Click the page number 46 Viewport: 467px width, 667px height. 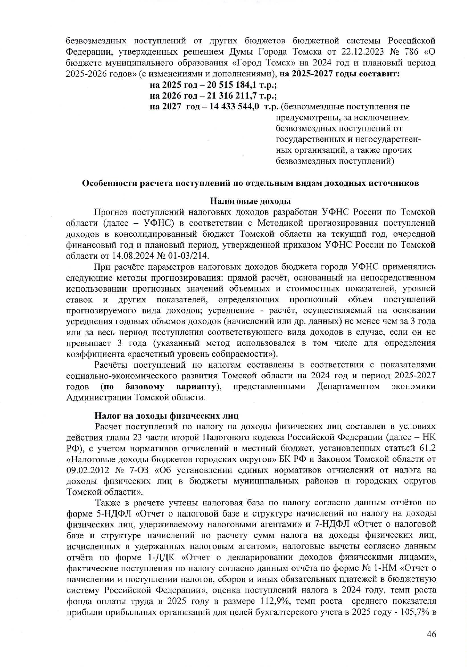pos(431,634)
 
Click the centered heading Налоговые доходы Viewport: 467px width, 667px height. pos(251,201)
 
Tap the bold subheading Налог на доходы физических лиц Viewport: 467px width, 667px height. pos(166,416)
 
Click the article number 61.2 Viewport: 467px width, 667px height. pos(427,449)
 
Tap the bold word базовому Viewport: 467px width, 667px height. pos(144,387)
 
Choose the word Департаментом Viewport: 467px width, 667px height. pos(348,387)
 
